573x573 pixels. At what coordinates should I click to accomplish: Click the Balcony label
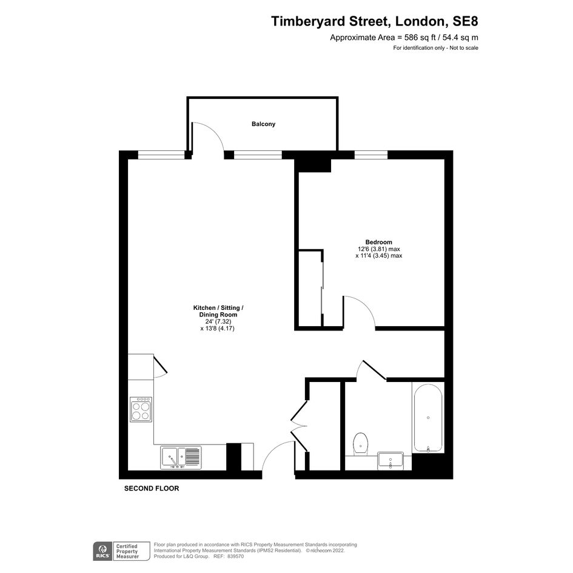263,124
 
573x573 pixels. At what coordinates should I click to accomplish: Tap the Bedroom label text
378,242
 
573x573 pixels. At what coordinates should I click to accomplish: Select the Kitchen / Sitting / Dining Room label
218,311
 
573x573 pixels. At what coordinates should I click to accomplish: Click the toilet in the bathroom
361,444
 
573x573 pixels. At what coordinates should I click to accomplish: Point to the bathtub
428,418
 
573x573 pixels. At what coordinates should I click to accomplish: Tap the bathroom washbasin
390,460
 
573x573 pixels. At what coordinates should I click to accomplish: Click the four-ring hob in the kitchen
141,410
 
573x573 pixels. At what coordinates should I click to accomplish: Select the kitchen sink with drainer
181,458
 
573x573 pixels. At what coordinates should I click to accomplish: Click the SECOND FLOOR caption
152,488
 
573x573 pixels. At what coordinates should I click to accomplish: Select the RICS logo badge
102,551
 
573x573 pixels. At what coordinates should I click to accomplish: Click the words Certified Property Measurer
127,551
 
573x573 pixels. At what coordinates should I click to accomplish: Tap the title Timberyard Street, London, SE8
374,21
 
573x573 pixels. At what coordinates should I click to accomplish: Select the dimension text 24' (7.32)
218,321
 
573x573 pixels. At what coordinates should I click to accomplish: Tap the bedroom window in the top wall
371,155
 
